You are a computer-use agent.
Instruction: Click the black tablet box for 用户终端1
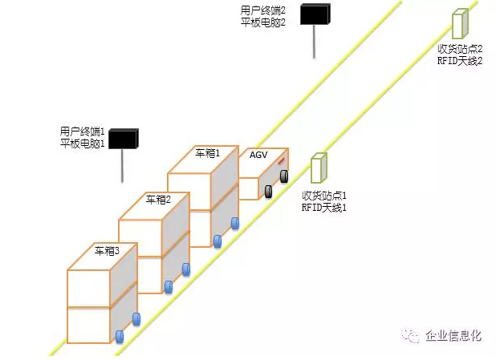(x=124, y=139)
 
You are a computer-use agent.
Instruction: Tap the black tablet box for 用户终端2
(x=315, y=14)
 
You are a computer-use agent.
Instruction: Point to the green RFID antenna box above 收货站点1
(x=319, y=168)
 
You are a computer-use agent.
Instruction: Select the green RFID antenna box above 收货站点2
(x=460, y=23)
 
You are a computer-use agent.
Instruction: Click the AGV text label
(x=258, y=156)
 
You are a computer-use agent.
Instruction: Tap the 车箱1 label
(x=208, y=154)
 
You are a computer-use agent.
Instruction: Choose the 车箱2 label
(x=158, y=200)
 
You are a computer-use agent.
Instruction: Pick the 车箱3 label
(x=107, y=251)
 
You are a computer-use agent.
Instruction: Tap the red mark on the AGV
(x=281, y=161)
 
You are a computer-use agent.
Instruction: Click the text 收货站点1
(x=324, y=196)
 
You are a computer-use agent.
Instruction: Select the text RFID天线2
(x=460, y=60)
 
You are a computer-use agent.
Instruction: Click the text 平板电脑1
(x=83, y=144)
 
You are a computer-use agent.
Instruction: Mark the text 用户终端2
(x=262, y=10)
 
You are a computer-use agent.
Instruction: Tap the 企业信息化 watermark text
(x=453, y=336)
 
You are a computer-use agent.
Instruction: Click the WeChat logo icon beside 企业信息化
(x=411, y=336)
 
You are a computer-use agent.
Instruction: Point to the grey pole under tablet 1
(x=122, y=165)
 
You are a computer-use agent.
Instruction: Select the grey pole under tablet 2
(x=314, y=41)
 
